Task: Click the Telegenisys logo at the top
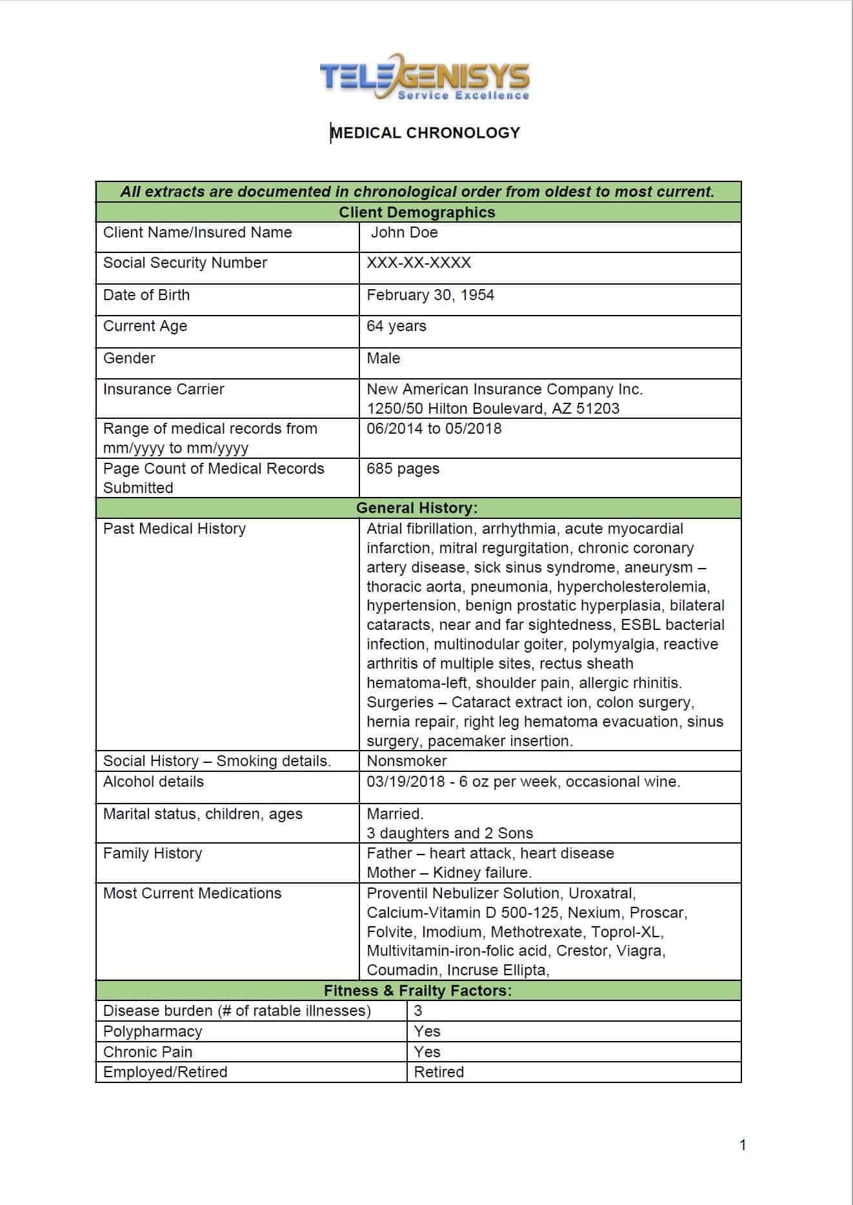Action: click(x=425, y=78)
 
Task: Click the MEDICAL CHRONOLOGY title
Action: click(x=425, y=133)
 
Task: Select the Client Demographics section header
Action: click(x=417, y=212)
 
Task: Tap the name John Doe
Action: click(x=404, y=232)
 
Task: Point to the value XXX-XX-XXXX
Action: click(x=419, y=263)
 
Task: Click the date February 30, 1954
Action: click(x=430, y=295)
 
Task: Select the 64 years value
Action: click(x=396, y=326)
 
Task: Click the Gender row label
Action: click(x=129, y=358)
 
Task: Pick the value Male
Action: click(x=383, y=358)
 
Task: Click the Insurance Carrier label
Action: click(x=163, y=389)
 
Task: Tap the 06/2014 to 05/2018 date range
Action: click(x=434, y=429)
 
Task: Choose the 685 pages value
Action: click(x=403, y=469)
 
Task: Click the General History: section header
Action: click(x=417, y=508)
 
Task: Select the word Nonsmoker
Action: click(x=406, y=761)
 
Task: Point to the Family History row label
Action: click(x=152, y=853)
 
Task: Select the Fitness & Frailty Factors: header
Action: click(x=417, y=991)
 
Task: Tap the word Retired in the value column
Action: click(x=439, y=1072)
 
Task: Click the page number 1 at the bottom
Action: click(x=743, y=1145)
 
